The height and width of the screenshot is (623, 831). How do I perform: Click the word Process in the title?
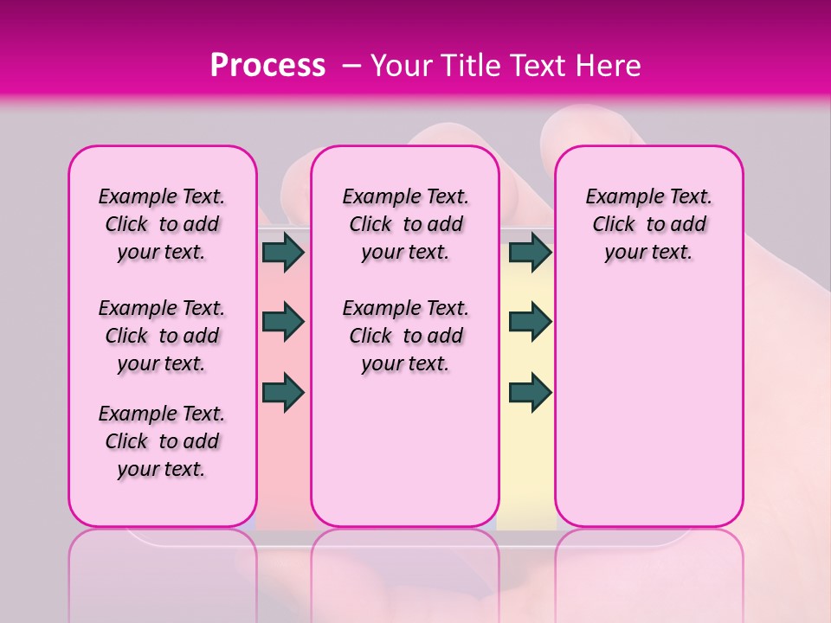[x=267, y=66]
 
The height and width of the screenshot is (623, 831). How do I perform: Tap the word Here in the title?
[x=609, y=66]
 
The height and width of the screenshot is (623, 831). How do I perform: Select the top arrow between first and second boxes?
[x=283, y=252]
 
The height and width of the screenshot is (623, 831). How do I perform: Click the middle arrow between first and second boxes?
[x=283, y=322]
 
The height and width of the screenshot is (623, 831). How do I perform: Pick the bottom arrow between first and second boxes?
[x=283, y=392]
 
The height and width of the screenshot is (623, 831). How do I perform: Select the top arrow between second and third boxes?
[x=530, y=252]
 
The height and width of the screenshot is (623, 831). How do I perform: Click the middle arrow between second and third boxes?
[x=530, y=322]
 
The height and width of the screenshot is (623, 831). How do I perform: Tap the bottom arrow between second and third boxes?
[x=530, y=392]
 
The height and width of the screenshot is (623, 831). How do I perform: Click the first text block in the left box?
[x=162, y=224]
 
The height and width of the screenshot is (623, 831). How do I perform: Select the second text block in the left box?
[x=162, y=336]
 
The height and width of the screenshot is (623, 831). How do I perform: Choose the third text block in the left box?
[x=162, y=441]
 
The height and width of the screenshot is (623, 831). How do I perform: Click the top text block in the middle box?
[x=405, y=224]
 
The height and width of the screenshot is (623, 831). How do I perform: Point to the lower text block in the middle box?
[x=405, y=336]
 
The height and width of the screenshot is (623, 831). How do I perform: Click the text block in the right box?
[x=648, y=224]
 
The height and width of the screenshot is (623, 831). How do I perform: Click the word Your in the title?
[x=401, y=66]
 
